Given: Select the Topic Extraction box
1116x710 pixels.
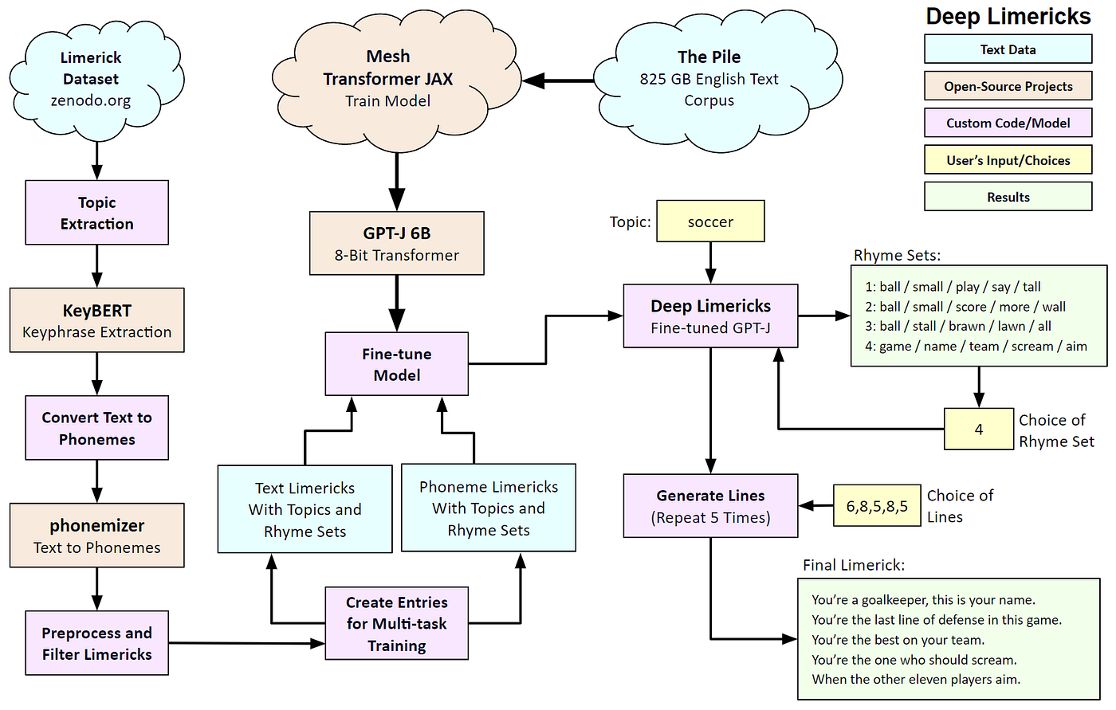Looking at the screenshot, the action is tap(97, 213).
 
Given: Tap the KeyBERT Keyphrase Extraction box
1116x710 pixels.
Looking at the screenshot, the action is tap(97, 320).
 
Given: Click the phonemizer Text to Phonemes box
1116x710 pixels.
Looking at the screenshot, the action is tap(97, 535).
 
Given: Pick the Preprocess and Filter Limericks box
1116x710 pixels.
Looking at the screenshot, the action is tap(97, 643).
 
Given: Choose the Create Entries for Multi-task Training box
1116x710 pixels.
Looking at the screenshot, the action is tap(397, 623).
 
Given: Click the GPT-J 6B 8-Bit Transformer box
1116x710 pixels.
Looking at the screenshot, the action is tap(397, 244).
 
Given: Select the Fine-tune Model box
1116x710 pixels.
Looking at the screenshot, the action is tap(397, 364).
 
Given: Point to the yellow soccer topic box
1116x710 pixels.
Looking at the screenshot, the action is tap(710, 221).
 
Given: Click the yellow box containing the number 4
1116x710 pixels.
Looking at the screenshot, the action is tap(979, 430).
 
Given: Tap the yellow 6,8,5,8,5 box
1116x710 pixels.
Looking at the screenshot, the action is tap(877, 505).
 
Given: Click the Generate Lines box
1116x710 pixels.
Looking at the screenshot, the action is tap(710, 506).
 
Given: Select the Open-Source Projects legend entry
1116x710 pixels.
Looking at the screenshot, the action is tap(1008, 86).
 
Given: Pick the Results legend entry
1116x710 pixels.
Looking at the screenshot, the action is tap(1008, 197).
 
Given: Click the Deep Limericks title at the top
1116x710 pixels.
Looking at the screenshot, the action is tap(1008, 17).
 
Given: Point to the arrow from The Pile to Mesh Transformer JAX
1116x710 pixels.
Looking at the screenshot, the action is tap(558, 80).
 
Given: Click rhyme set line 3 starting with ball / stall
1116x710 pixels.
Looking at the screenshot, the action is tap(958, 327).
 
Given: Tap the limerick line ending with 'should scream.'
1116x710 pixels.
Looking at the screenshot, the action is tap(914, 660).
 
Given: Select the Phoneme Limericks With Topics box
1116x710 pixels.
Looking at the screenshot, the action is tap(489, 508).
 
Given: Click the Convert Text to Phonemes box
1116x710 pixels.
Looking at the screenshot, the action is tap(97, 428).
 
